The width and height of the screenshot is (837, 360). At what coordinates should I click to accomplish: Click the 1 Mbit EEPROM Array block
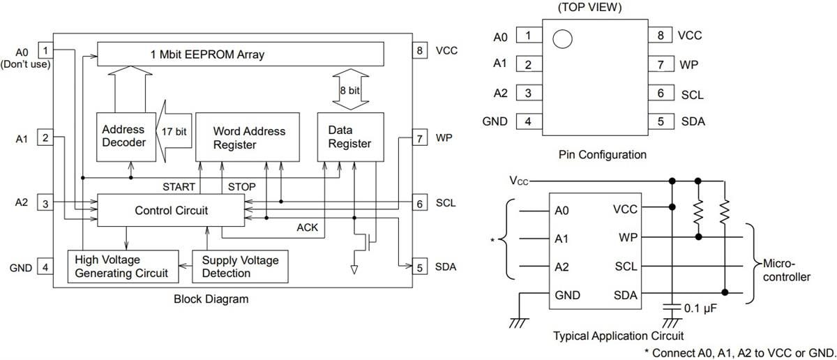[x=241, y=53]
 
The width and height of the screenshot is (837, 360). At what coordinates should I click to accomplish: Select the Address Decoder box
[x=123, y=135]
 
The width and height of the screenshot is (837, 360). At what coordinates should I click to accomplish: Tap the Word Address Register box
[x=249, y=137]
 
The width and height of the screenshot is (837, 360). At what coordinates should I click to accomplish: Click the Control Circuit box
[x=170, y=210]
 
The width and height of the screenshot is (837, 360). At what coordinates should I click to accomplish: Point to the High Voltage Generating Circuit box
[x=121, y=267]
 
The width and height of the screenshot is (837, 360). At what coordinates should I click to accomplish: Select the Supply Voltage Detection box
[x=240, y=267]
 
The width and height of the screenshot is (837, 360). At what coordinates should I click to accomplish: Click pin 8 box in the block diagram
[x=419, y=50]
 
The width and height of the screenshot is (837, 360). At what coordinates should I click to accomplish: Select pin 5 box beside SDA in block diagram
[x=419, y=267]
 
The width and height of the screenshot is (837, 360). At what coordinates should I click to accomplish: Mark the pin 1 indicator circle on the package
[x=562, y=38]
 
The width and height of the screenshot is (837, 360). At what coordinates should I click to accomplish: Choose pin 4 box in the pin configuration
[x=528, y=121]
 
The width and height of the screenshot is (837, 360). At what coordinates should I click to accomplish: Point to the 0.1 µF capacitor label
[x=702, y=308]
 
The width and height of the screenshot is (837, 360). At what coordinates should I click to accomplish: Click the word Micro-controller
[x=785, y=271]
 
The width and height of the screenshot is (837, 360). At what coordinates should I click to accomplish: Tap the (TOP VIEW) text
[x=589, y=8]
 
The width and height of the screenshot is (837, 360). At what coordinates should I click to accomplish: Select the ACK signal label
[x=307, y=227]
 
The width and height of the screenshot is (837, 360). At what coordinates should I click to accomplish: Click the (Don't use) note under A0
[x=25, y=64]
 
